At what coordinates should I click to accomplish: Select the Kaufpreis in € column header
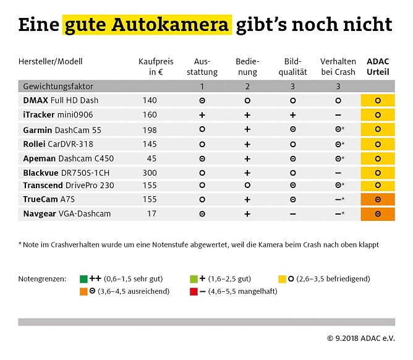(156, 67)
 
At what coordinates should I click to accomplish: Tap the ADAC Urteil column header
(378, 67)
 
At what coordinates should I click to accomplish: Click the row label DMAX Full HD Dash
(61, 100)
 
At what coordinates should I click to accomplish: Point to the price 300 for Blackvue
(150, 172)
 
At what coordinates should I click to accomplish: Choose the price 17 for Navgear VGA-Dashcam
(152, 214)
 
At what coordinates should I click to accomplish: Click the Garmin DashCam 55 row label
(62, 130)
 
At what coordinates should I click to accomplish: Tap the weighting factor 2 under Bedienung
(247, 87)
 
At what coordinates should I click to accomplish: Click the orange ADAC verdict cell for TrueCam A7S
(378, 200)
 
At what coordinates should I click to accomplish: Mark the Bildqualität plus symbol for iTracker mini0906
(292, 114)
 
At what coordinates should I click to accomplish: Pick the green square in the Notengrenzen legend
(83, 278)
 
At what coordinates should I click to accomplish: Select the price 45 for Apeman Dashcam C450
(152, 158)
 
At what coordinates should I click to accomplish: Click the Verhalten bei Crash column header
(338, 67)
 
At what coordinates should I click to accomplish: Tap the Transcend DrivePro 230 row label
(69, 186)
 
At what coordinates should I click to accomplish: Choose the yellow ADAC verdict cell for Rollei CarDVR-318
(378, 144)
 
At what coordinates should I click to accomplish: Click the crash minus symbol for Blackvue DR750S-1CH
(338, 173)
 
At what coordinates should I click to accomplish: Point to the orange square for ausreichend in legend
(83, 291)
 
